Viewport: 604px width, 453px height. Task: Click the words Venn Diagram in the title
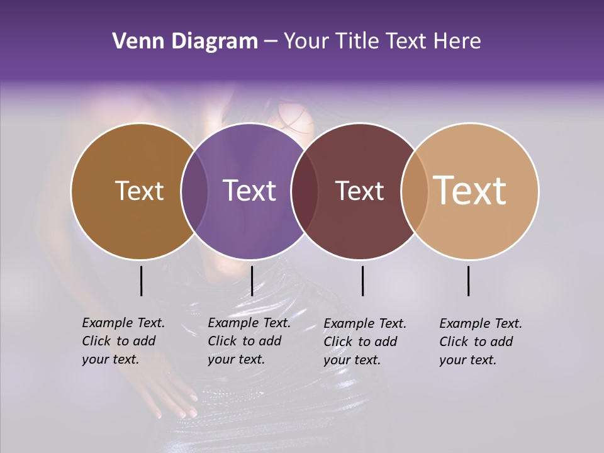(185, 42)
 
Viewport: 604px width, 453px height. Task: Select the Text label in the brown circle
(139, 191)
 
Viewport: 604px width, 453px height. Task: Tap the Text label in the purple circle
(249, 191)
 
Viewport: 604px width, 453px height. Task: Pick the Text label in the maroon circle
(359, 191)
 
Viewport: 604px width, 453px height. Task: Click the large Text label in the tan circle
(470, 190)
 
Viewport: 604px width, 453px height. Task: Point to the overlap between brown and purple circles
(194, 191)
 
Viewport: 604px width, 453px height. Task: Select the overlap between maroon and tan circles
(412, 191)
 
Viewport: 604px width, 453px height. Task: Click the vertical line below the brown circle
(141, 281)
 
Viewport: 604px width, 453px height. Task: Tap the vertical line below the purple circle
(252, 281)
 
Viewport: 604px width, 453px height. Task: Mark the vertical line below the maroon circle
(362, 281)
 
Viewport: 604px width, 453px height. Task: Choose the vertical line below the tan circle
(468, 281)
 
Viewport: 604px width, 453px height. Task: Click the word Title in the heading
(358, 42)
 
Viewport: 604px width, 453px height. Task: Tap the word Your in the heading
(306, 42)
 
